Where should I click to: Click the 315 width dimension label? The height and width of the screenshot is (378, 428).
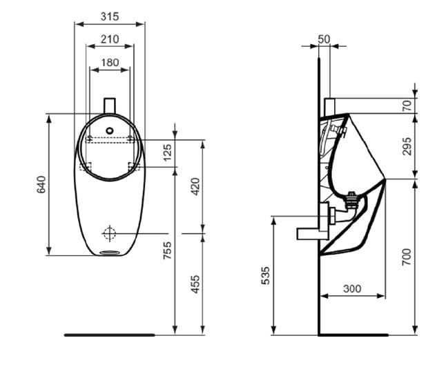110,16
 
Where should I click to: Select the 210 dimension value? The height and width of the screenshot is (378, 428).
110,39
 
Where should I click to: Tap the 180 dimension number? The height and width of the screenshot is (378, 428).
110,63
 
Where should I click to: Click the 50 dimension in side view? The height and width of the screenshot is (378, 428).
324,39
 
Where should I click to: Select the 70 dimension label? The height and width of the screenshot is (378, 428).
407,106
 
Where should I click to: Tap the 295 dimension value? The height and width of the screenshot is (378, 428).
407,146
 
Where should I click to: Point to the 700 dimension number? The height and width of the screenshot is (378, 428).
407,257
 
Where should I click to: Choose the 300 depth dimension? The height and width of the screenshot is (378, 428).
352,288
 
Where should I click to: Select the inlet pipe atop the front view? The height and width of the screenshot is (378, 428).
110,105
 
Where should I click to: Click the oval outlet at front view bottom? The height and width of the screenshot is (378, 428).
110,252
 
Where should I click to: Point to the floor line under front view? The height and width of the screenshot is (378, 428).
110,335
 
